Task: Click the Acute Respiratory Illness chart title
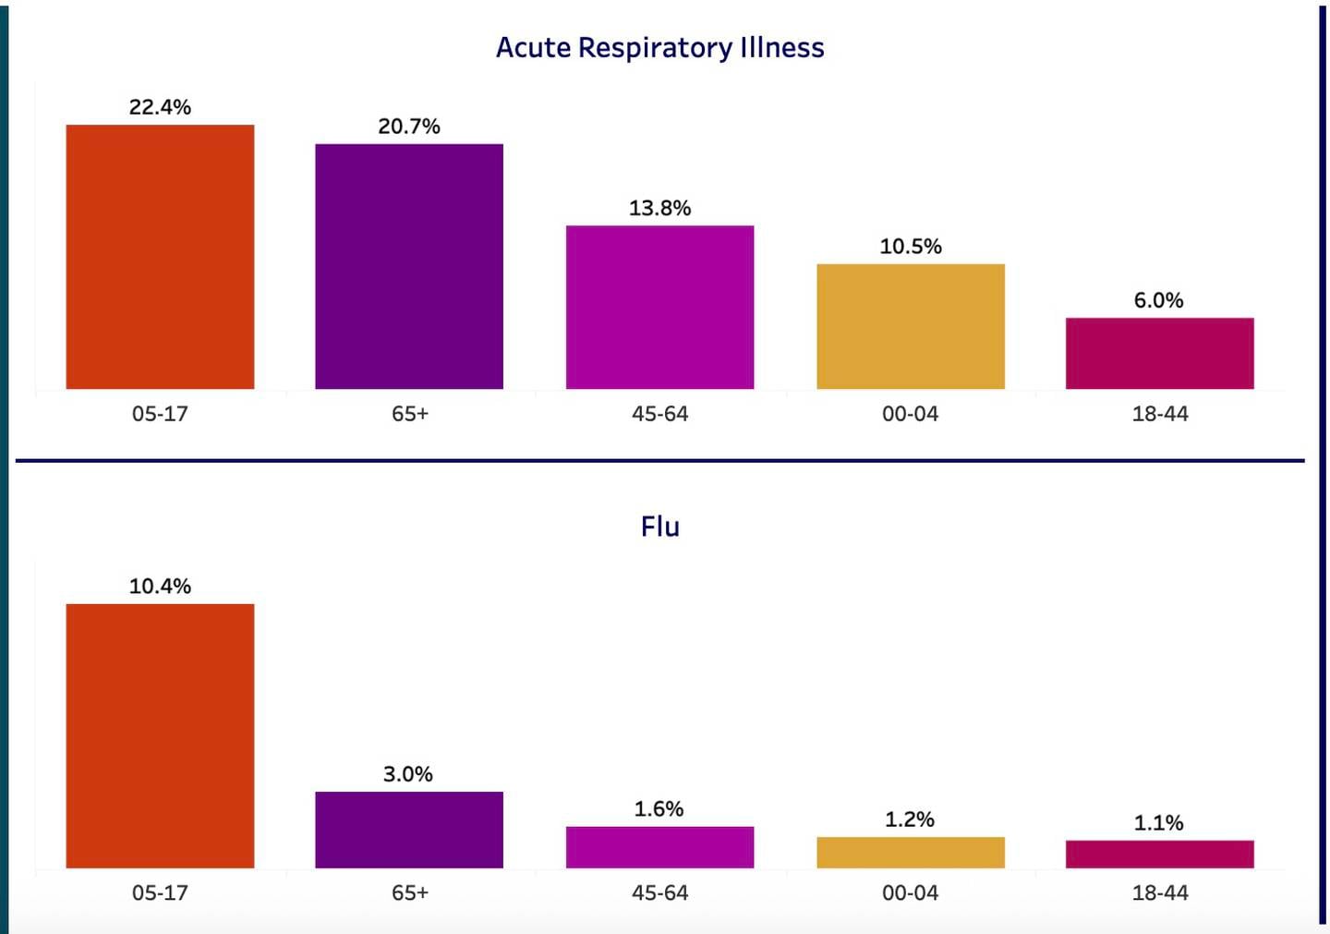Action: (x=659, y=47)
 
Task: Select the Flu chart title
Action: (x=659, y=527)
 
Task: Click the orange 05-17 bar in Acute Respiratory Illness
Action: (x=160, y=257)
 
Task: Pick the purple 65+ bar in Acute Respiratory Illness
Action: (x=409, y=266)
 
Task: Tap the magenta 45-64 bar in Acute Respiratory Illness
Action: (x=659, y=307)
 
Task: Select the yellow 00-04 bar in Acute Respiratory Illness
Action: (x=910, y=326)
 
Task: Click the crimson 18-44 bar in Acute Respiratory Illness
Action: (x=1159, y=353)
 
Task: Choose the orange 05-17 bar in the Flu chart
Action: (x=160, y=735)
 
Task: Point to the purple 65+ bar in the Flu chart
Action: (x=409, y=830)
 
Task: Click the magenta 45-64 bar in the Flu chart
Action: (x=659, y=847)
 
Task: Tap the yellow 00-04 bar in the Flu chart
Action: (x=910, y=852)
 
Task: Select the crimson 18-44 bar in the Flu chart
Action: (x=1159, y=854)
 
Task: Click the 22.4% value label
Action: (x=160, y=107)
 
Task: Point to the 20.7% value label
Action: (x=409, y=127)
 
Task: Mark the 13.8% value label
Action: (x=659, y=209)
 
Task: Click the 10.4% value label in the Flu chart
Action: (x=160, y=587)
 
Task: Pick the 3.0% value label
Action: (x=407, y=774)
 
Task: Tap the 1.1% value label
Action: (x=1158, y=823)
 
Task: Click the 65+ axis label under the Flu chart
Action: (x=409, y=893)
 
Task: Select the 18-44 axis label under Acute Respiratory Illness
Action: (x=1159, y=414)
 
